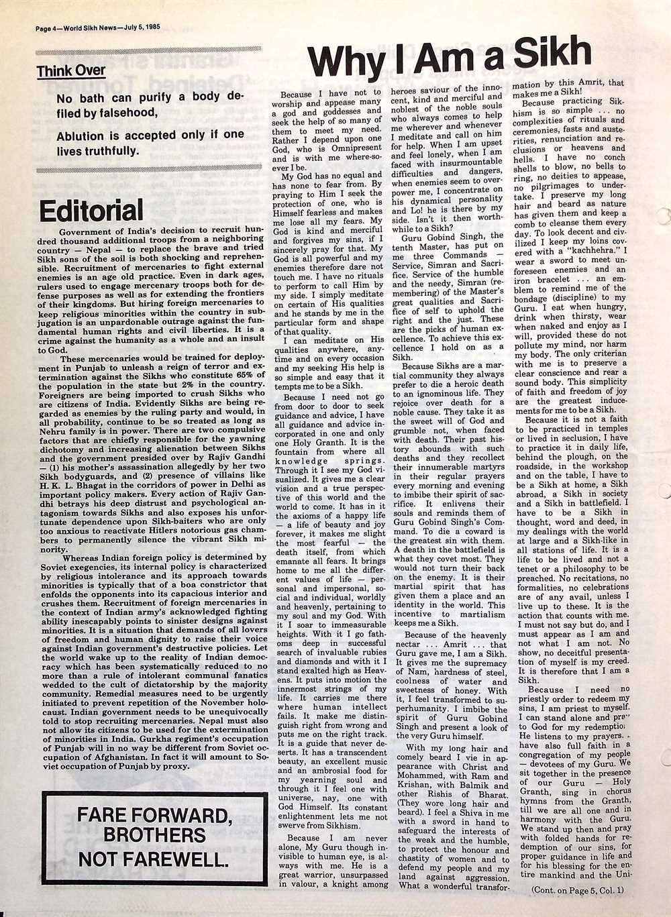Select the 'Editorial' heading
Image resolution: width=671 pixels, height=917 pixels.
pos(91,211)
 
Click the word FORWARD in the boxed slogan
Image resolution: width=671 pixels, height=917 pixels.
pos(180,816)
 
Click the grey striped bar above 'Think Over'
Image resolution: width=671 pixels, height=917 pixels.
pos(148,52)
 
